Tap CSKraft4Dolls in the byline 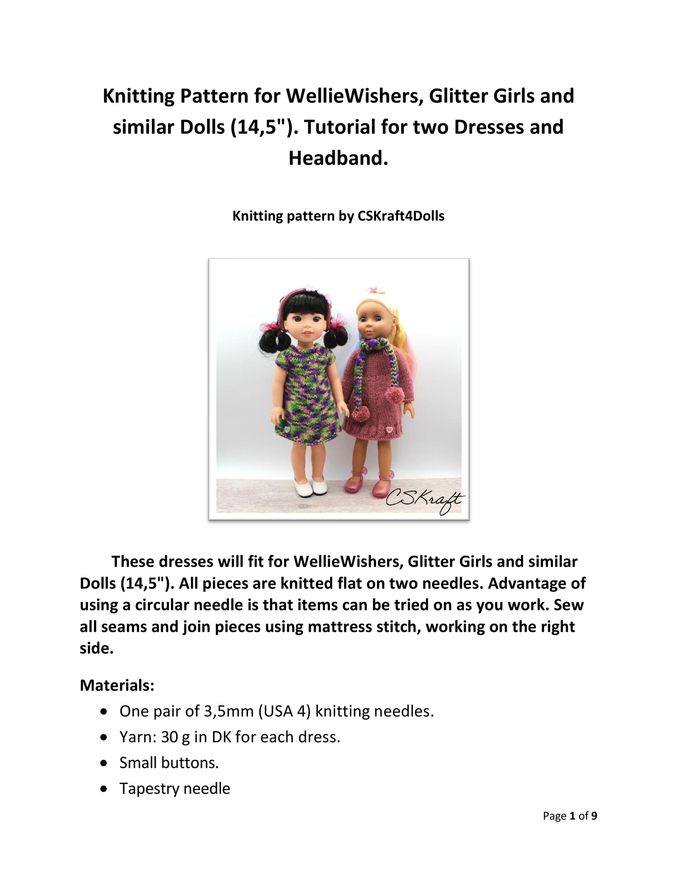(x=401, y=216)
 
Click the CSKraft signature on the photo (x=425, y=502)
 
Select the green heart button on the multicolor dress (x=287, y=429)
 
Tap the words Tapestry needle (x=175, y=788)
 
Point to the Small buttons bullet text (x=169, y=763)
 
